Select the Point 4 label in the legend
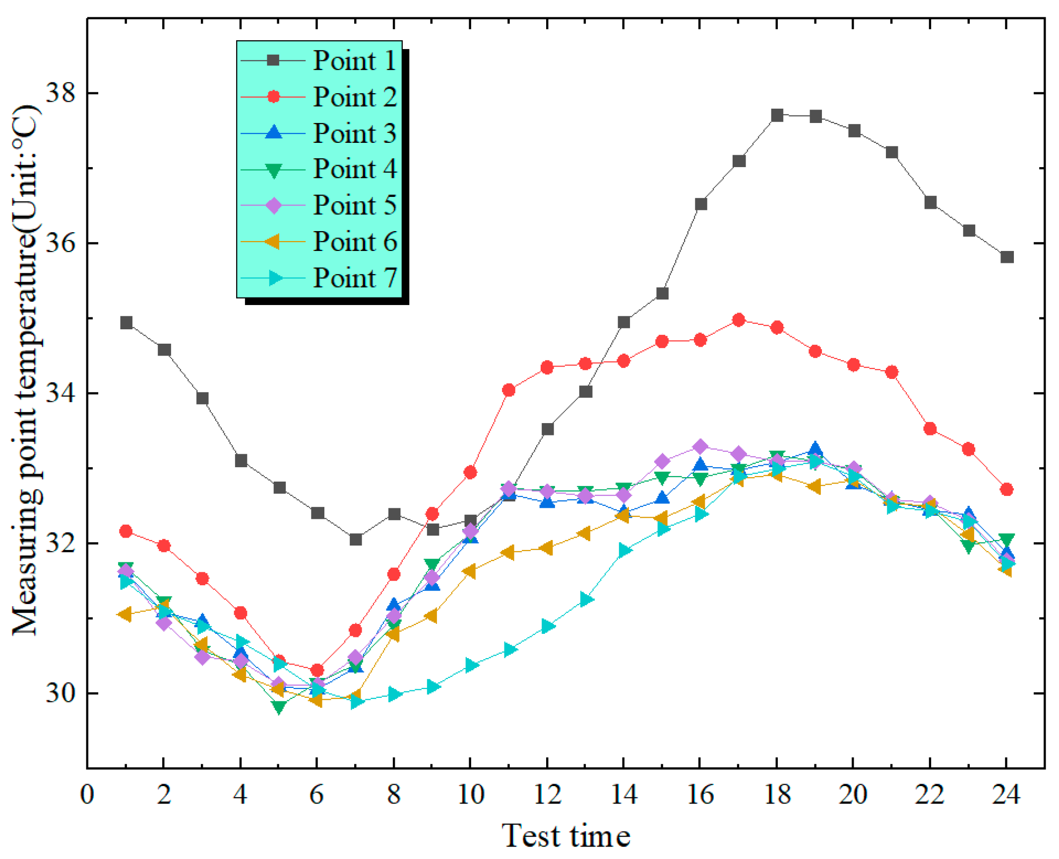[x=354, y=169]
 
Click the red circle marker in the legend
[x=273, y=97]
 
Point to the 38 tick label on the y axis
[x=60, y=93]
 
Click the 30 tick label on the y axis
[x=60, y=693]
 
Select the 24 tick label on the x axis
[x=1006, y=794]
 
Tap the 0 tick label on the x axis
[x=87, y=794]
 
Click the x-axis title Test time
[x=566, y=836]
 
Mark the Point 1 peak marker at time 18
[x=777, y=115]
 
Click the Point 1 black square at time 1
[x=126, y=323]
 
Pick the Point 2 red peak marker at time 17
[x=739, y=320]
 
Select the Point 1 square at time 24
[x=1007, y=257]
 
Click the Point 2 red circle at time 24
[x=1006, y=490]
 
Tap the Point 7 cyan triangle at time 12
[x=548, y=626]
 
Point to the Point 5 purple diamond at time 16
[x=700, y=447]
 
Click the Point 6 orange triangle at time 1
[x=125, y=614]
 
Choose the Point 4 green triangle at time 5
[x=279, y=707]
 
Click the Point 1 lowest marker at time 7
[x=356, y=539]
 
